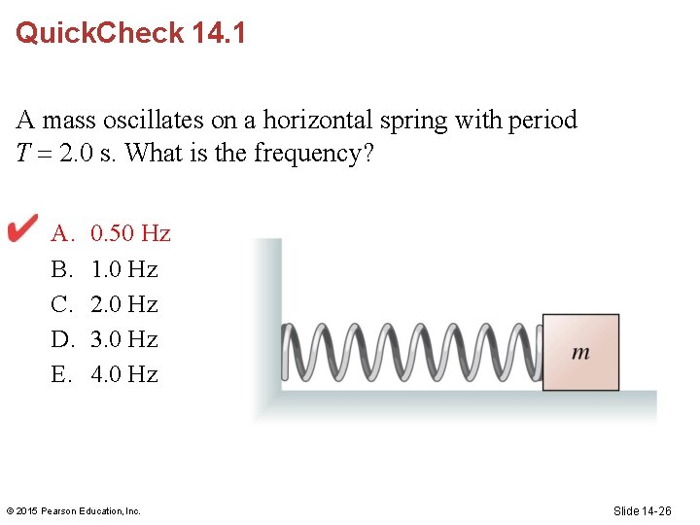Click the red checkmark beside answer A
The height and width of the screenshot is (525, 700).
coord(22,229)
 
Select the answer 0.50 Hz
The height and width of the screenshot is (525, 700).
coord(130,233)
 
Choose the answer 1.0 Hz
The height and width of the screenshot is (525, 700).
coord(123,268)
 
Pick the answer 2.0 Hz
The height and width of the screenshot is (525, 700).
coord(123,304)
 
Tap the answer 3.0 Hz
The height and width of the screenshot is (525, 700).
coord(123,339)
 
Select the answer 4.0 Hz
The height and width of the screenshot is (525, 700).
coord(123,374)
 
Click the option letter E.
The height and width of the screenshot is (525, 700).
coord(61,374)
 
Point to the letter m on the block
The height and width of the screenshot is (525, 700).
coord(580,353)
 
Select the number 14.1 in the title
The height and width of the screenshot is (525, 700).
coord(219,33)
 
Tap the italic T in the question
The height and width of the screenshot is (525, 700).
coord(23,154)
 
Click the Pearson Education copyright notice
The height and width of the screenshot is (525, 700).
coord(73,510)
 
